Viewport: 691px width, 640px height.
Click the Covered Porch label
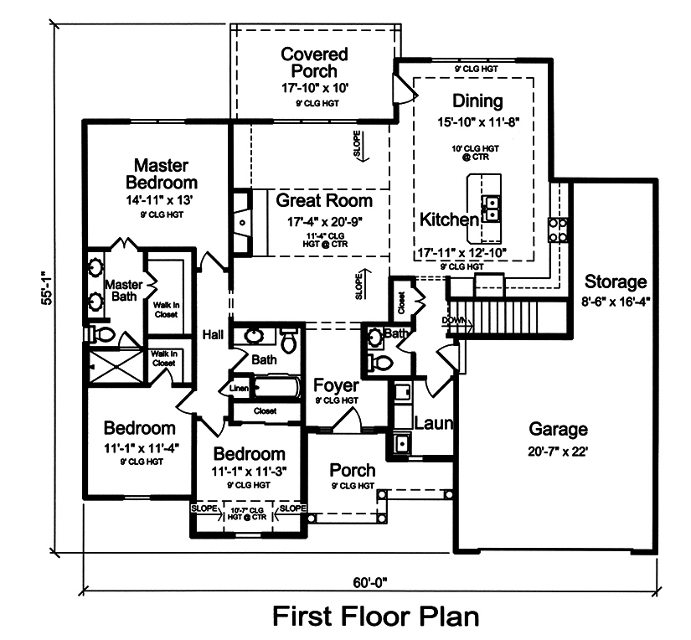[x=315, y=63]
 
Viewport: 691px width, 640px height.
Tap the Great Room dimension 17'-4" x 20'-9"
[x=325, y=222]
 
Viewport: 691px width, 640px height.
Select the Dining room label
[x=477, y=101]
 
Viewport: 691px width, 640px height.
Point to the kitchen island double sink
[x=491, y=208]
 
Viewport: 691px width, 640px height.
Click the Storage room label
[x=616, y=281]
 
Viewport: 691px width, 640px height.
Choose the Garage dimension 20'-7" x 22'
[x=558, y=452]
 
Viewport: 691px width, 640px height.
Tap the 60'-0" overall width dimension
[x=369, y=583]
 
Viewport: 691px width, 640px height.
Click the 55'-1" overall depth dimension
[x=47, y=287]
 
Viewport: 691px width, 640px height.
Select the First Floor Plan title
[x=376, y=616]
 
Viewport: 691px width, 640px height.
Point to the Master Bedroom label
[x=162, y=174]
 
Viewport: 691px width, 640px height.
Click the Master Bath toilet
[x=101, y=334]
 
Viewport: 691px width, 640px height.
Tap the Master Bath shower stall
[x=116, y=367]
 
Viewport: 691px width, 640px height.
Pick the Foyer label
[x=336, y=385]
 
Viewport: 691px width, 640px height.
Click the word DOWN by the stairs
[x=454, y=320]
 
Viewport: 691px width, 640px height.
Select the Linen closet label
[x=239, y=389]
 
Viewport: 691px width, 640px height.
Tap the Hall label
[x=213, y=335]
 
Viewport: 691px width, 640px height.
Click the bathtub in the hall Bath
[x=275, y=388]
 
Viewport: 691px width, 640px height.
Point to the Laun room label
[x=434, y=423]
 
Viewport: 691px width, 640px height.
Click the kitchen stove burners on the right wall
[x=559, y=230]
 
